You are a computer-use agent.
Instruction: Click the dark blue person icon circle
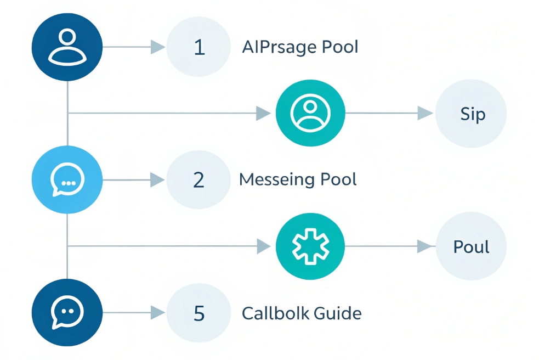[67, 47]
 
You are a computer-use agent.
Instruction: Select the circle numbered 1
[200, 47]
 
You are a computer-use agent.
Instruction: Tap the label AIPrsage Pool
[300, 47]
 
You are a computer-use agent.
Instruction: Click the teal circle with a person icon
[310, 114]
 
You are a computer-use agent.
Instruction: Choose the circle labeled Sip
[470, 114]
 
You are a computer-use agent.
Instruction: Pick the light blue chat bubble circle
[67, 180]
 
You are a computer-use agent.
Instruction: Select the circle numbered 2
[200, 180]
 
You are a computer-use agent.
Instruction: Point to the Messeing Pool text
[298, 179]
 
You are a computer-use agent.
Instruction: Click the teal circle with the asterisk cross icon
[310, 247]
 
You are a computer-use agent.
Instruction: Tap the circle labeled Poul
[470, 247]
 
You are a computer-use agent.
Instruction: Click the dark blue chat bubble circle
[67, 313]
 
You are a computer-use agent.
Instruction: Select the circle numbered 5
[200, 313]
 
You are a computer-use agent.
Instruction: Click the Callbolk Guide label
[302, 313]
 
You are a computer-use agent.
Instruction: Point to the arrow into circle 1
[157, 47]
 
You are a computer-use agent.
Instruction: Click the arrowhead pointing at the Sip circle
[425, 114]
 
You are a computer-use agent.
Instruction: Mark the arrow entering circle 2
[157, 180]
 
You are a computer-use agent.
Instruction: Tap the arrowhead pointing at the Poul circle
[425, 247]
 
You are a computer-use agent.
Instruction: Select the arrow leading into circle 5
[157, 313]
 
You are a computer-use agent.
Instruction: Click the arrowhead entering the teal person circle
[264, 114]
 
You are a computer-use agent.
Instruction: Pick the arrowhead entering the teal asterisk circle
[264, 247]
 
